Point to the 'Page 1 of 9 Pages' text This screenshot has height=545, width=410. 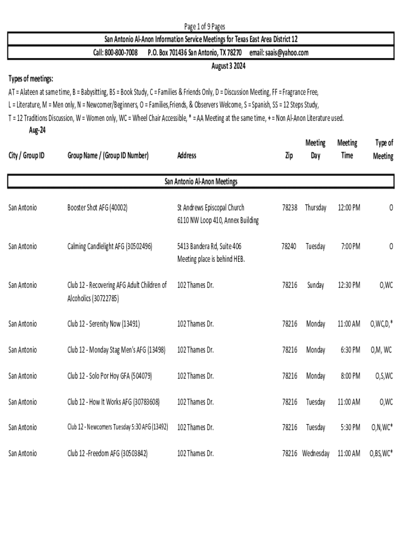point(204,27)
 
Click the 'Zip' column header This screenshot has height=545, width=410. point(289,155)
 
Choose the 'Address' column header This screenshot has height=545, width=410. point(187,155)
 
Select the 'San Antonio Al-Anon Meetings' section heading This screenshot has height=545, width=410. point(201,181)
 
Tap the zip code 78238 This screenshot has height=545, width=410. point(290,208)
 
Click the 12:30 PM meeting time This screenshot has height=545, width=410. point(349,285)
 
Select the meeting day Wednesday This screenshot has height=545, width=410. point(316,453)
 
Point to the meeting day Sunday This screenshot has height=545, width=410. point(316,285)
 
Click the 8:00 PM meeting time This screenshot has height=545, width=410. point(351,376)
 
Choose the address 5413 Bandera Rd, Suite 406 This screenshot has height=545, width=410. point(209,246)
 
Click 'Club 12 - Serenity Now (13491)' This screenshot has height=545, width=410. point(103,324)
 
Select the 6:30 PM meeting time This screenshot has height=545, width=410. point(351,350)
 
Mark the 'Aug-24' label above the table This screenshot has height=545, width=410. point(37,130)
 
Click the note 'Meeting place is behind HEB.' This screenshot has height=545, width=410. point(211,259)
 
